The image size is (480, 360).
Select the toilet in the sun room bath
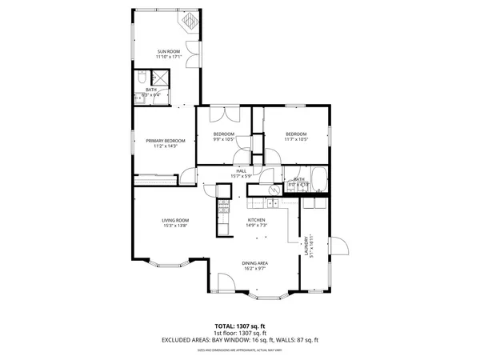139,78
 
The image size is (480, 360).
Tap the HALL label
241,170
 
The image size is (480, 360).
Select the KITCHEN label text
256,220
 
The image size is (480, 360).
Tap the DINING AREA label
255,263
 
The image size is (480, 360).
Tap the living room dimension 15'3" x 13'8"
174,226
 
